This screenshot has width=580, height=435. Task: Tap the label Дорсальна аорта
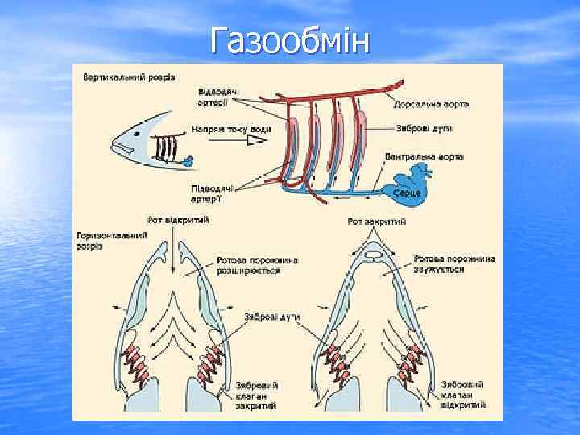click(x=432, y=104)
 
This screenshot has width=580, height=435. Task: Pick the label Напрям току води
click(x=231, y=129)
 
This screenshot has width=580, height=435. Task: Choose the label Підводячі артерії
click(x=212, y=193)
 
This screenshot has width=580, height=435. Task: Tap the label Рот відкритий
click(x=179, y=219)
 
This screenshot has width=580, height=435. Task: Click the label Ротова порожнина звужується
click(x=454, y=263)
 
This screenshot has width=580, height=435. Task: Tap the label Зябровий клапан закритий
click(x=258, y=395)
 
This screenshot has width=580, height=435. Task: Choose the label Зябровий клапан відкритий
click(x=462, y=393)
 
